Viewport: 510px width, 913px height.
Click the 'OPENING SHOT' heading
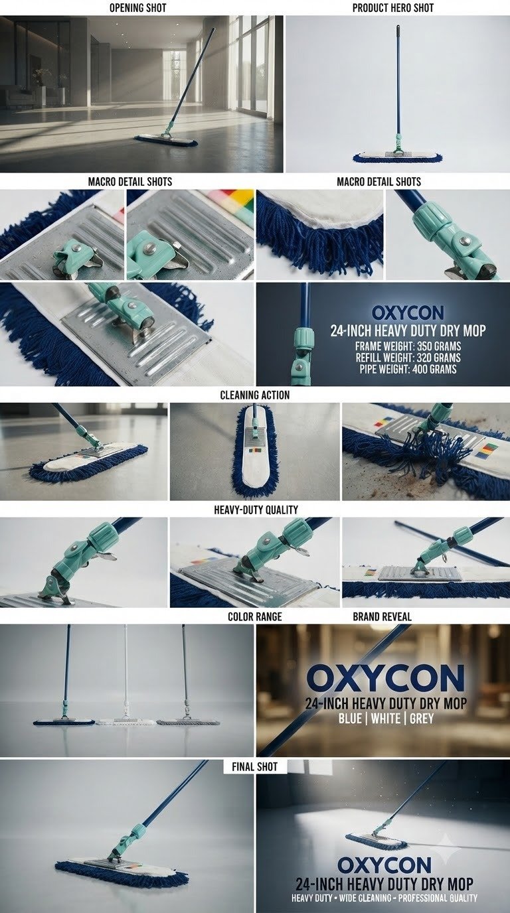pyautogui.click(x=138, y=8)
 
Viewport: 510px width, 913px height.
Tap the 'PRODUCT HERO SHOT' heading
pyautogui.click(x=393, y=8)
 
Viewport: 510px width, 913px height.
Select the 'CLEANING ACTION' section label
pyautogui.click(x=255, y=395)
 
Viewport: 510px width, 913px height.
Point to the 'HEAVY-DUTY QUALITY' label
pyautogui.click(x=256, y=510)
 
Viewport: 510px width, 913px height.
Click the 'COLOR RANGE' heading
pyautogui.click(x=255, y=616)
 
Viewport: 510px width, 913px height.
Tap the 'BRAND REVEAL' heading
pyautogui.click(x=382, y=616)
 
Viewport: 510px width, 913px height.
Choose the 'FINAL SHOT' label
pyautogui.click(x=254, y=766)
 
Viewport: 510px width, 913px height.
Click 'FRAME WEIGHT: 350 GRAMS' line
pyautogui.click(x=408, y=346)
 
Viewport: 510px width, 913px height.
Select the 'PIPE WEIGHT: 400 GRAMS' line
pyautogui.click(x=408, y=370)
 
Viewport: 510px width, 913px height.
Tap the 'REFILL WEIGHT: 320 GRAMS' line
pyautogui.click(x=408, y=358)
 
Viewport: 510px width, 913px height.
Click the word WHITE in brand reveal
pyautogui.click(x=386, y=718)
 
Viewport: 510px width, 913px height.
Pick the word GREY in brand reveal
pyautogui.click(x=422, y=718)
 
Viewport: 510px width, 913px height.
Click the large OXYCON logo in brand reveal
pyautogui.click(x=386, y=679)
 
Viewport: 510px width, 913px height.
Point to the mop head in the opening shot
pyautogui.click(x=166, y=140)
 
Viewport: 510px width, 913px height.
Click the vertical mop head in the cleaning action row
pyautogui.click(x=256, y=453)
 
